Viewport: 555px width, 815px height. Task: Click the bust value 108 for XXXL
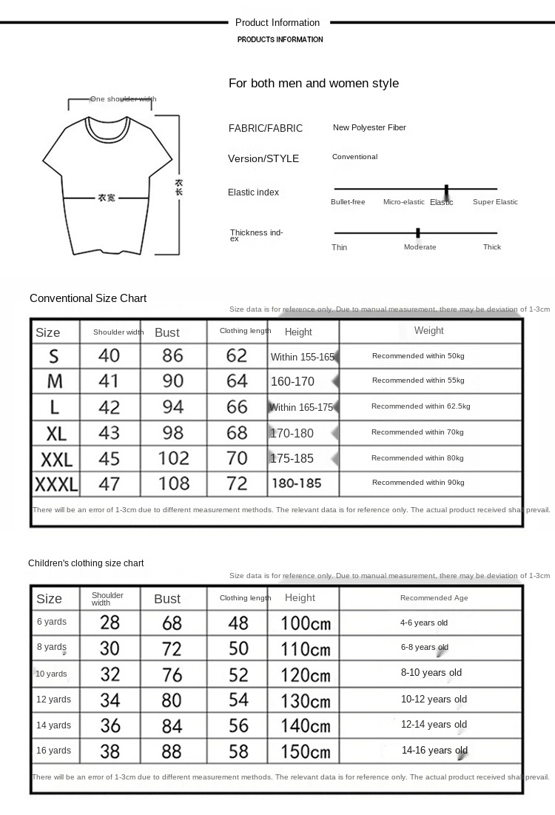point(173,484)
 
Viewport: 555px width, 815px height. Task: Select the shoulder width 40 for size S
point(109,355)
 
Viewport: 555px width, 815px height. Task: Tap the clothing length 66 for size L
point(237,406)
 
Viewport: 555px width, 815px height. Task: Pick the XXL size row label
point(56,459)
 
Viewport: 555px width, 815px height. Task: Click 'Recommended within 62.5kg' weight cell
point(420,406)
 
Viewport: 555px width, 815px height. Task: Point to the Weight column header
point(428,331)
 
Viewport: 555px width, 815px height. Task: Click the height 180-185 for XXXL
point(296,483)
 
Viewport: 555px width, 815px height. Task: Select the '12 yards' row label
point(54,700)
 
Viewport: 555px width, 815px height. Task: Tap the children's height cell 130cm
point(306,700)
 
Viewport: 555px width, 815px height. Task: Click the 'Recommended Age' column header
point(434,598)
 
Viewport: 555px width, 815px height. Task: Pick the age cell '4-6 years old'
point(424,623)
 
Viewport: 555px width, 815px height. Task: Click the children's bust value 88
point(172,751)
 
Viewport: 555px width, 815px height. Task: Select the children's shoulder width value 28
point(110,623)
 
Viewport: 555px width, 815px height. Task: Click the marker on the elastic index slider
point(446,190)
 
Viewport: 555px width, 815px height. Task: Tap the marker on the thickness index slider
point(418,232)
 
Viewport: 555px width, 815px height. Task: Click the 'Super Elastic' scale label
point(495,202)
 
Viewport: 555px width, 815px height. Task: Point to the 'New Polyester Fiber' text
point(369,127)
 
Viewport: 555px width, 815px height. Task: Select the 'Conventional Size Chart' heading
point(88,298)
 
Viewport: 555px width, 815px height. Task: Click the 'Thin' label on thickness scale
point(339,247)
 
